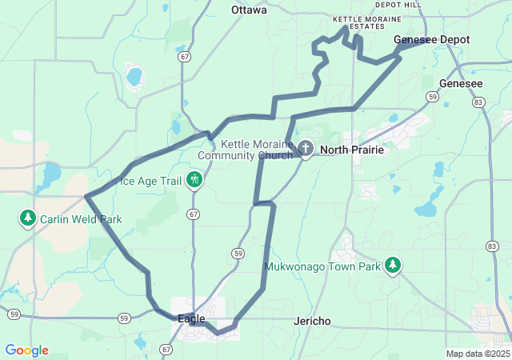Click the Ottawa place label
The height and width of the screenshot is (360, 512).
coord(248,10)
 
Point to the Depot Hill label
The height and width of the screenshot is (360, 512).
coord(398,5)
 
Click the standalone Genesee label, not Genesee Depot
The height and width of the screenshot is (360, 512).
coord(461,83)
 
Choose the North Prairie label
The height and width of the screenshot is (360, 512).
coord(352,150)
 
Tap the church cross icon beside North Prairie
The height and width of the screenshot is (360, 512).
coord(306,149)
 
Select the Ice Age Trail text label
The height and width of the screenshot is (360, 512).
coord(150,181)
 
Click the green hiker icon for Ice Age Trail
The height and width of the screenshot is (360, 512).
coord(194,180)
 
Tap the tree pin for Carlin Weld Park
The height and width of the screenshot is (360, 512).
coord(28,218)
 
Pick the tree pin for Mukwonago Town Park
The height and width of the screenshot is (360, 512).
coord(392,265)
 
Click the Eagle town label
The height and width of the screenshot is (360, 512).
coord(191,318)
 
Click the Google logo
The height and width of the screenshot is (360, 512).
coord(26,350)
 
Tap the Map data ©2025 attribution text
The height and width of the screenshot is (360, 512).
coord(478,354)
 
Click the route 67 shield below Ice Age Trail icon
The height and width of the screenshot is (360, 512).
coord(194,214)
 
